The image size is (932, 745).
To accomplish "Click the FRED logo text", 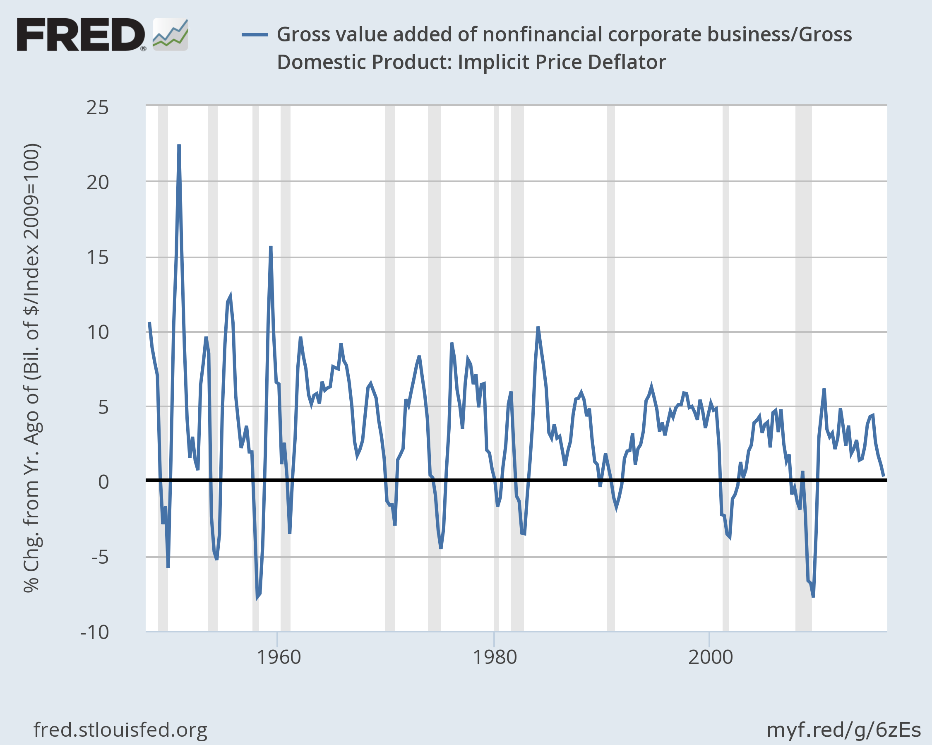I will click(x=81, y=35).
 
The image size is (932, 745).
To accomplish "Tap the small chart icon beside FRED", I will click(x=171, y=35).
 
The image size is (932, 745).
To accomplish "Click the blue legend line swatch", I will click(x=255, y=35).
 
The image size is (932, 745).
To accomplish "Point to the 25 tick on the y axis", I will click(x=98, y=108).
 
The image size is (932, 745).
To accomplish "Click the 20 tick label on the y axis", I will click(x=98, y=183).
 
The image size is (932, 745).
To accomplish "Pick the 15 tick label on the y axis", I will click(x=98, y=258).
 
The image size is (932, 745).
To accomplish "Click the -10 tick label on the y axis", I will click(x=95, y=632).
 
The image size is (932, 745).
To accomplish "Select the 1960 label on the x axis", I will click(x=279, y=657).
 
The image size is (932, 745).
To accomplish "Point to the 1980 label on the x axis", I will click(x=495, y=657).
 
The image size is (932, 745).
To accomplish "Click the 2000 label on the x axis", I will click(x=710, y=657).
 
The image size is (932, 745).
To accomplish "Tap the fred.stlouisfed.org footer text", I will click(x=120, y=730).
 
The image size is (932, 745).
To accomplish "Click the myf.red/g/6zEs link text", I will click(x=843, y=730).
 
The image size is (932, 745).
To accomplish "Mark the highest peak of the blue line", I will click(x=179, y=145).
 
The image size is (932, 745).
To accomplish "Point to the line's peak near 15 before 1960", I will click(x=271, y=247).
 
